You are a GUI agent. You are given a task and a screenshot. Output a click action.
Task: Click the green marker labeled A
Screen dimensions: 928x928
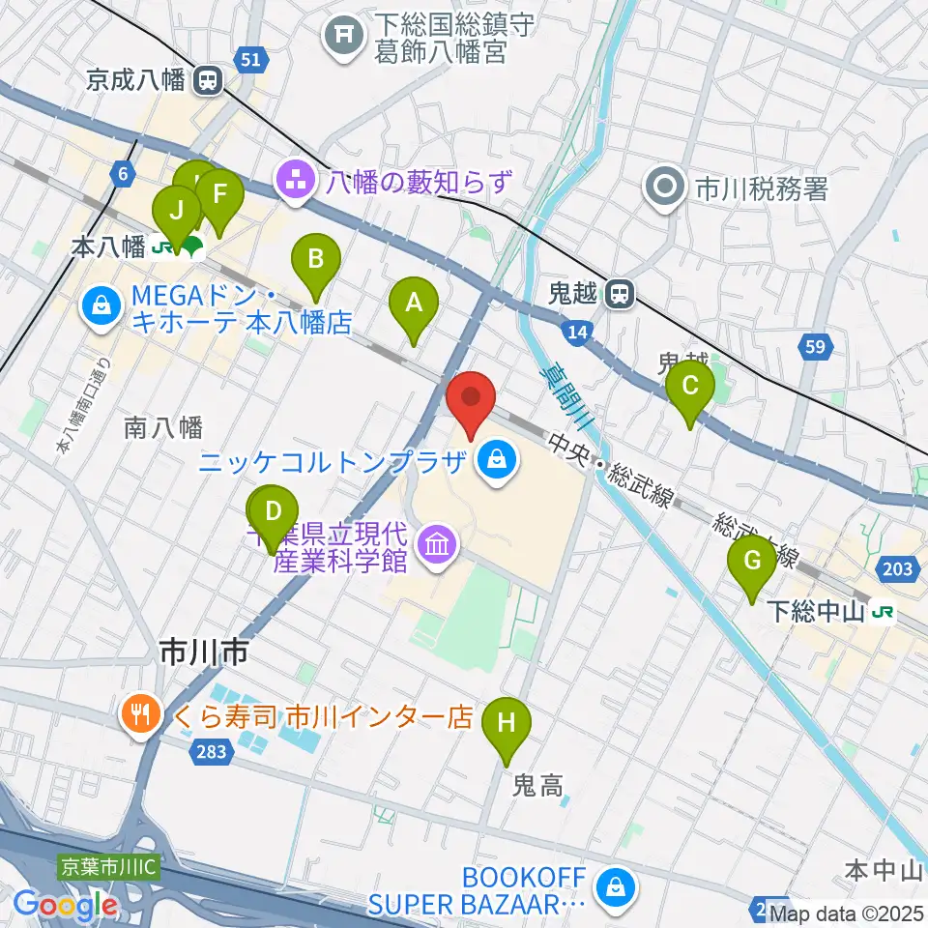[414, 304]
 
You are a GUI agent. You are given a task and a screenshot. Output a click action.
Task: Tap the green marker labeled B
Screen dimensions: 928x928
[316, 260]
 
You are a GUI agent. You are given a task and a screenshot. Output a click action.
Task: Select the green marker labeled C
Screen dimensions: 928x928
[690, 387]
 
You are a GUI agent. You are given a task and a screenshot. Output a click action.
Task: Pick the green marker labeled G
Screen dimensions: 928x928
[752, 562]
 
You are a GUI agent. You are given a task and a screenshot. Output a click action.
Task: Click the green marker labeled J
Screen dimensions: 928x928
[176, 211]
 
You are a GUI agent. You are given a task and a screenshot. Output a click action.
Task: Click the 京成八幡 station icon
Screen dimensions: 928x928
[206, 82]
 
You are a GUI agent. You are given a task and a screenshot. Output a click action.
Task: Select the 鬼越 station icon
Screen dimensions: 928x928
[619, 294]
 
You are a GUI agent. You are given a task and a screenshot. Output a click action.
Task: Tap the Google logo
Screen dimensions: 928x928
[65, 906]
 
